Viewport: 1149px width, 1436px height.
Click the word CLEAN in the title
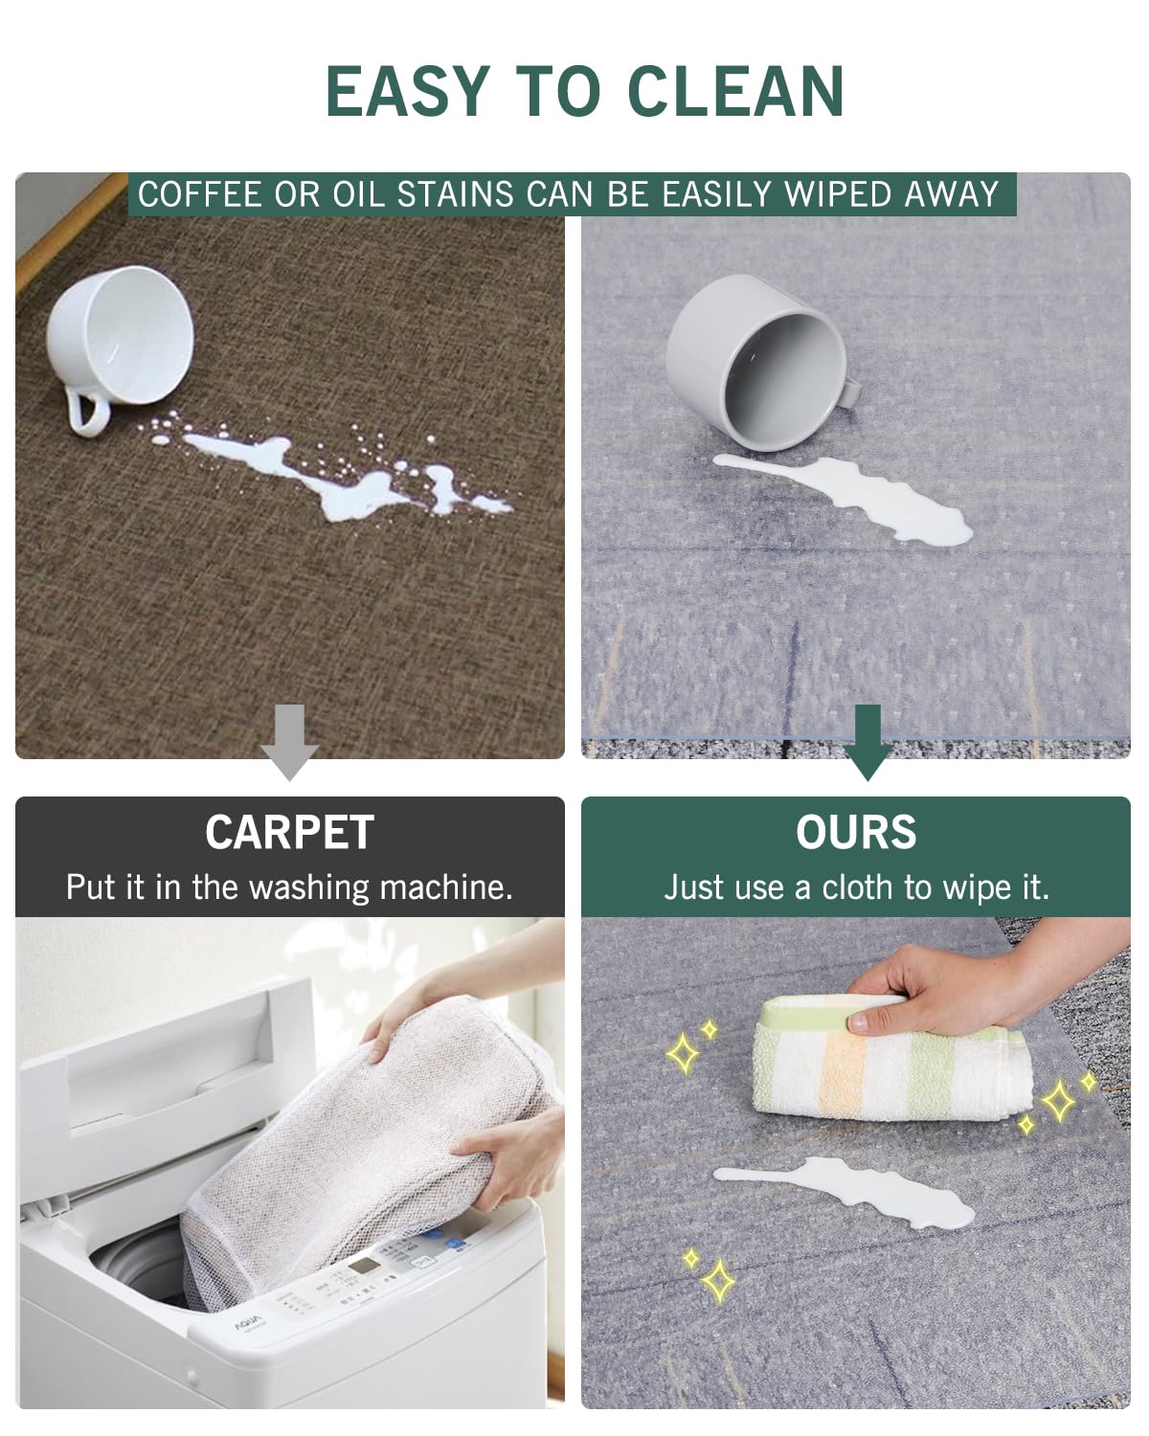[735, 92]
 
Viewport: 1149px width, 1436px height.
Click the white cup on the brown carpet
[120, 335]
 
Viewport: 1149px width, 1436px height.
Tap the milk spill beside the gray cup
[862, 498]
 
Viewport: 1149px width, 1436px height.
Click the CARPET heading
[289, 832]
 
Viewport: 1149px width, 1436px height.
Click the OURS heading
[856, 832]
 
